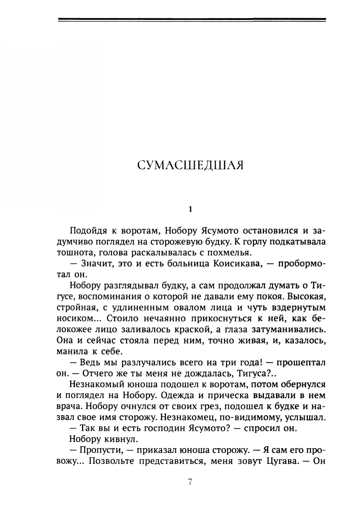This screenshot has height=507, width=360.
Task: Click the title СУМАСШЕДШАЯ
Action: coord(191,165)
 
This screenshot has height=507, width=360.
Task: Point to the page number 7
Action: coord(191,482)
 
